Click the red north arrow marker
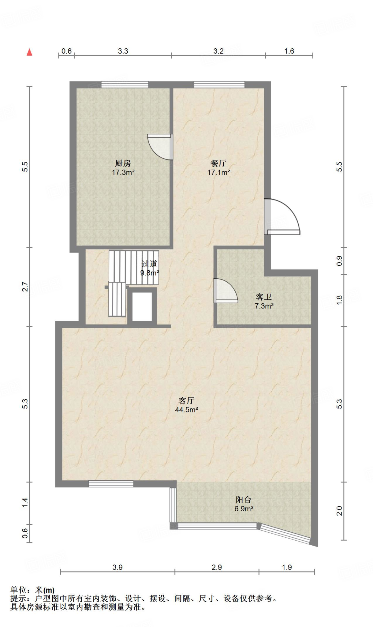tap(29, 52)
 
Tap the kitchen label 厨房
tap(123, 163)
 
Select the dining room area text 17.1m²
tap(218, 172)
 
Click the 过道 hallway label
tap(149, 264)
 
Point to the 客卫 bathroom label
tap(264, 297)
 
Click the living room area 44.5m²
tap(186, 410)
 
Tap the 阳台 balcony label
tap(244, 500)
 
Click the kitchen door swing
tap(160, 147)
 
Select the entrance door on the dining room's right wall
tap(282, 216)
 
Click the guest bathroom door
tap(226, 291)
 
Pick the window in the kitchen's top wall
tap(125, 85)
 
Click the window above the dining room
tap(219, 85)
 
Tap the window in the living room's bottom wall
tap(111, 484)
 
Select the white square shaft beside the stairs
tap(142, 307)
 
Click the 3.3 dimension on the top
tap(123, 51)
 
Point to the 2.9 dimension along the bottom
tap(217, 567)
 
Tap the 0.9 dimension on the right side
tap(339, 261)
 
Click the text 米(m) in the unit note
tap(45, 590)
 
